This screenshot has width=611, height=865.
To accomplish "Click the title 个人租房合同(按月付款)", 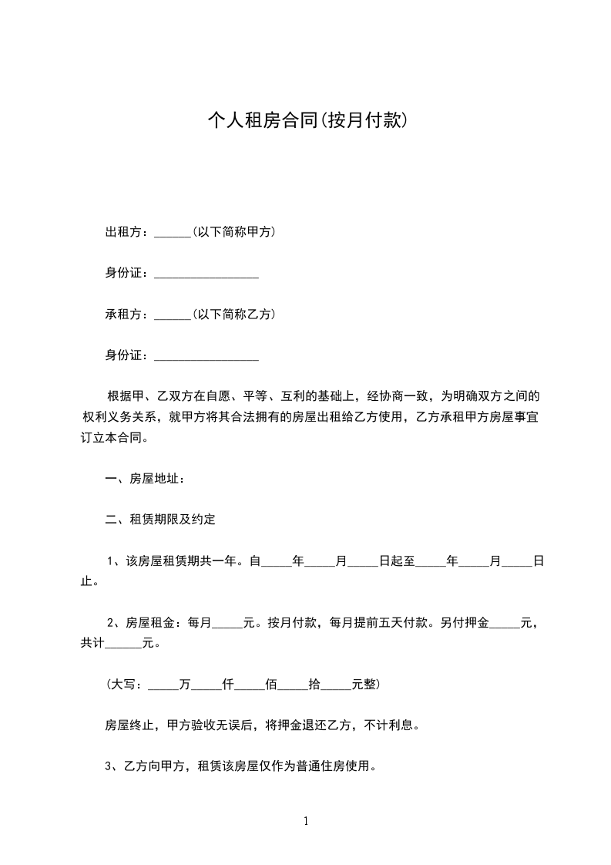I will (306, 120).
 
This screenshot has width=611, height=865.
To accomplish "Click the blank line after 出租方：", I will (172, 232).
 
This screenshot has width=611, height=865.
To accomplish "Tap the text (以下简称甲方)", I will (233, 231).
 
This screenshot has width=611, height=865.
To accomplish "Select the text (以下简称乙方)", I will (233, 314).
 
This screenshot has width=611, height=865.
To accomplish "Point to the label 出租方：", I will (129, 231).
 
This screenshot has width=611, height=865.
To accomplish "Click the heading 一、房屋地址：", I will (145, 479).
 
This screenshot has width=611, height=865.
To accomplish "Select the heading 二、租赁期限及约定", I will (160, 520).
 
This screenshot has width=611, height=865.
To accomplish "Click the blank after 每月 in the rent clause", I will (227, 601).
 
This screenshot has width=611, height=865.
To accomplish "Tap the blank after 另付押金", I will (505, 601).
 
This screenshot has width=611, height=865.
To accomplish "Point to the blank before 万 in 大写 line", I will (162, 684).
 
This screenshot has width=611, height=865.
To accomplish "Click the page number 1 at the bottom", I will (306, 821).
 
